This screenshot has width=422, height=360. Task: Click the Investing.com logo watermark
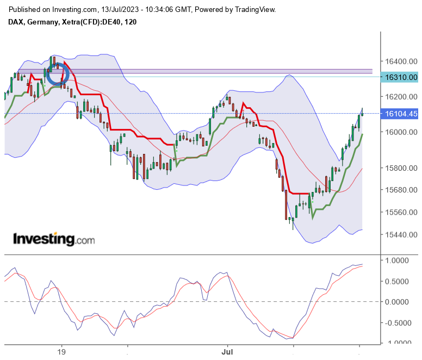(53, 239)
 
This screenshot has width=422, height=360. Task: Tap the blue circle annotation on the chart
(57, 74)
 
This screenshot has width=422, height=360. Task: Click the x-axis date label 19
(61, 351)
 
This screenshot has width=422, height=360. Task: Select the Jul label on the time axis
(227, 351)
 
